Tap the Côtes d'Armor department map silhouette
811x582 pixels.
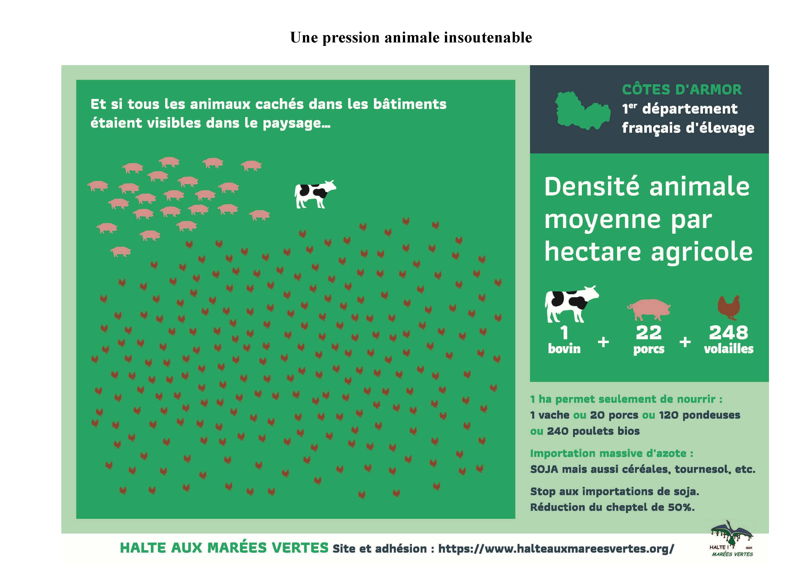point(582,111)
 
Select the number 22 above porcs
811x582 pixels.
point(649,333)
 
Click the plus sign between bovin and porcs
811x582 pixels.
point(603,342)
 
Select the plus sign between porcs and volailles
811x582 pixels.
point(685,342)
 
